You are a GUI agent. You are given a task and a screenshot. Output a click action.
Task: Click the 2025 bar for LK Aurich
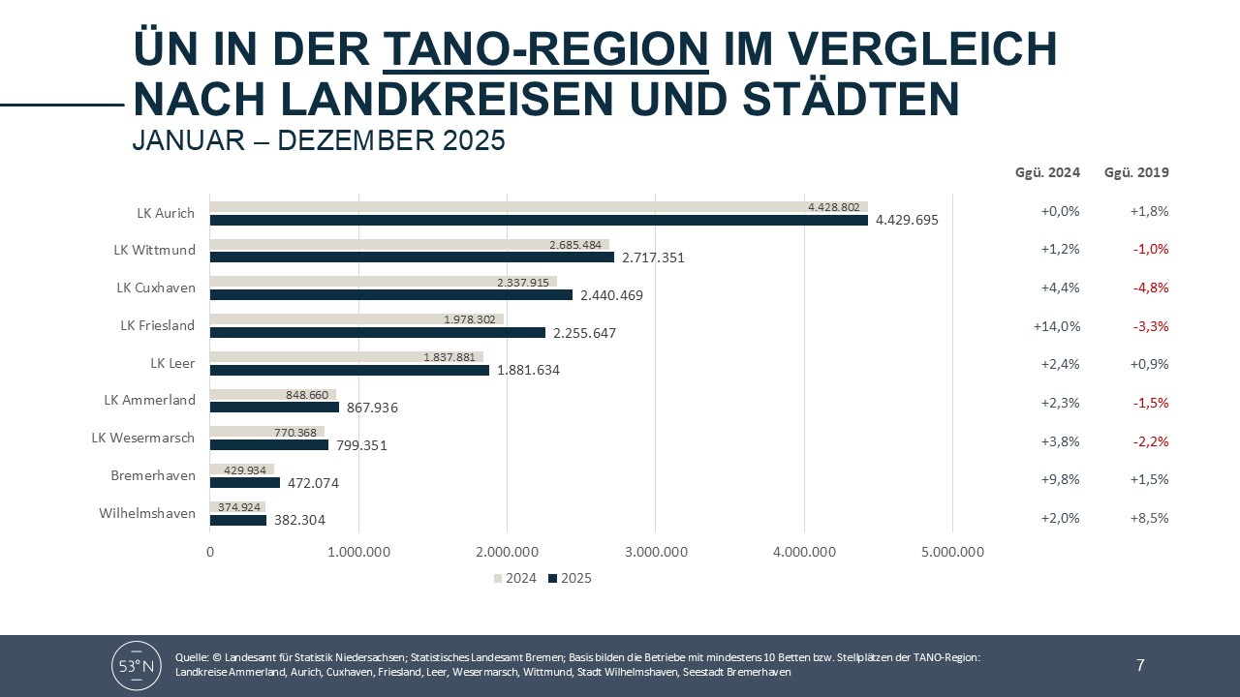(539, 220)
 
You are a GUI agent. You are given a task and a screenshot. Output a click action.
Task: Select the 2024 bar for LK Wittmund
(409, 244)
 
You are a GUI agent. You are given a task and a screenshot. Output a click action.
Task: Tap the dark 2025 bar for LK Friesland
(378, 333)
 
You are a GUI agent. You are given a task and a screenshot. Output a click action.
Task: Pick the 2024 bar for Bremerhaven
(242, 470)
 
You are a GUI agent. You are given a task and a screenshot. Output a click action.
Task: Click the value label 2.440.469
(610, 295)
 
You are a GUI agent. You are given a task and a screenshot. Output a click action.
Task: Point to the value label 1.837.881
(449, 357)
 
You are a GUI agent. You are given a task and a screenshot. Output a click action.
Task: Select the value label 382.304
(299, 520)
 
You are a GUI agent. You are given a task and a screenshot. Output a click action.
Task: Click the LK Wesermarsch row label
(143, 438)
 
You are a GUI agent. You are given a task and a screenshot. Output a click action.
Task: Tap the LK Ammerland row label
(150, 400)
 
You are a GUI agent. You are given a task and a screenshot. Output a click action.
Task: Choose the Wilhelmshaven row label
(147, 513)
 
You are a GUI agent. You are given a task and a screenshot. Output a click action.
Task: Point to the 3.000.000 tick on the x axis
(656, 553)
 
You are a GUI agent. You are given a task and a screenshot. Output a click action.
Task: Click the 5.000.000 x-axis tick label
(952, 553)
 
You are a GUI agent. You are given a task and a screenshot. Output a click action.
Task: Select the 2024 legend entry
(514, 579)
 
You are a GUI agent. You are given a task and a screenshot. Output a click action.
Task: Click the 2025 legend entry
(570, 579)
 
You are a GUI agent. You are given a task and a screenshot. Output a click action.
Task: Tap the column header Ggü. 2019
(1136, 173)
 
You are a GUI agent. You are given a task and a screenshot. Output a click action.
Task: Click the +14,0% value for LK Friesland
(1056, 326)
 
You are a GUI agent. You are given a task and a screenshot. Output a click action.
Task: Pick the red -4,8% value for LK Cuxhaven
(1151, 288)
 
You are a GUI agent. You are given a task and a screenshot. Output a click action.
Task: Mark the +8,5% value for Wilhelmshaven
(1150, 518)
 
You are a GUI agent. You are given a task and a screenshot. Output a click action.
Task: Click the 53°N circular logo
(137, 665)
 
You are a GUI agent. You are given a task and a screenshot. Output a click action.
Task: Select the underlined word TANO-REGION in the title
(546, 48)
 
